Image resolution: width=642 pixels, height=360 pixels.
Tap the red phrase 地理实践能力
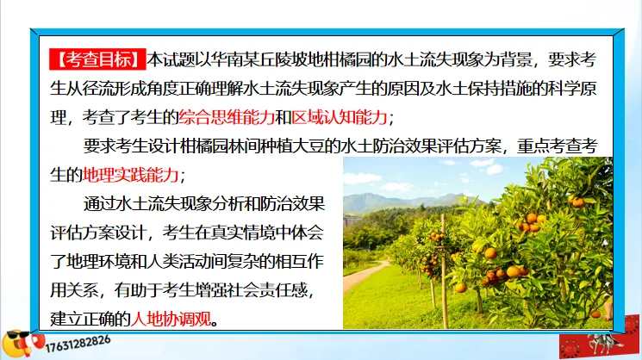(x=130, y=174)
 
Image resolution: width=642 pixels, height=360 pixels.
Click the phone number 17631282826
(x=73, y=341)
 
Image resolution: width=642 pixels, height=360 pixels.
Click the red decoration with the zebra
(x=595, y=340)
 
